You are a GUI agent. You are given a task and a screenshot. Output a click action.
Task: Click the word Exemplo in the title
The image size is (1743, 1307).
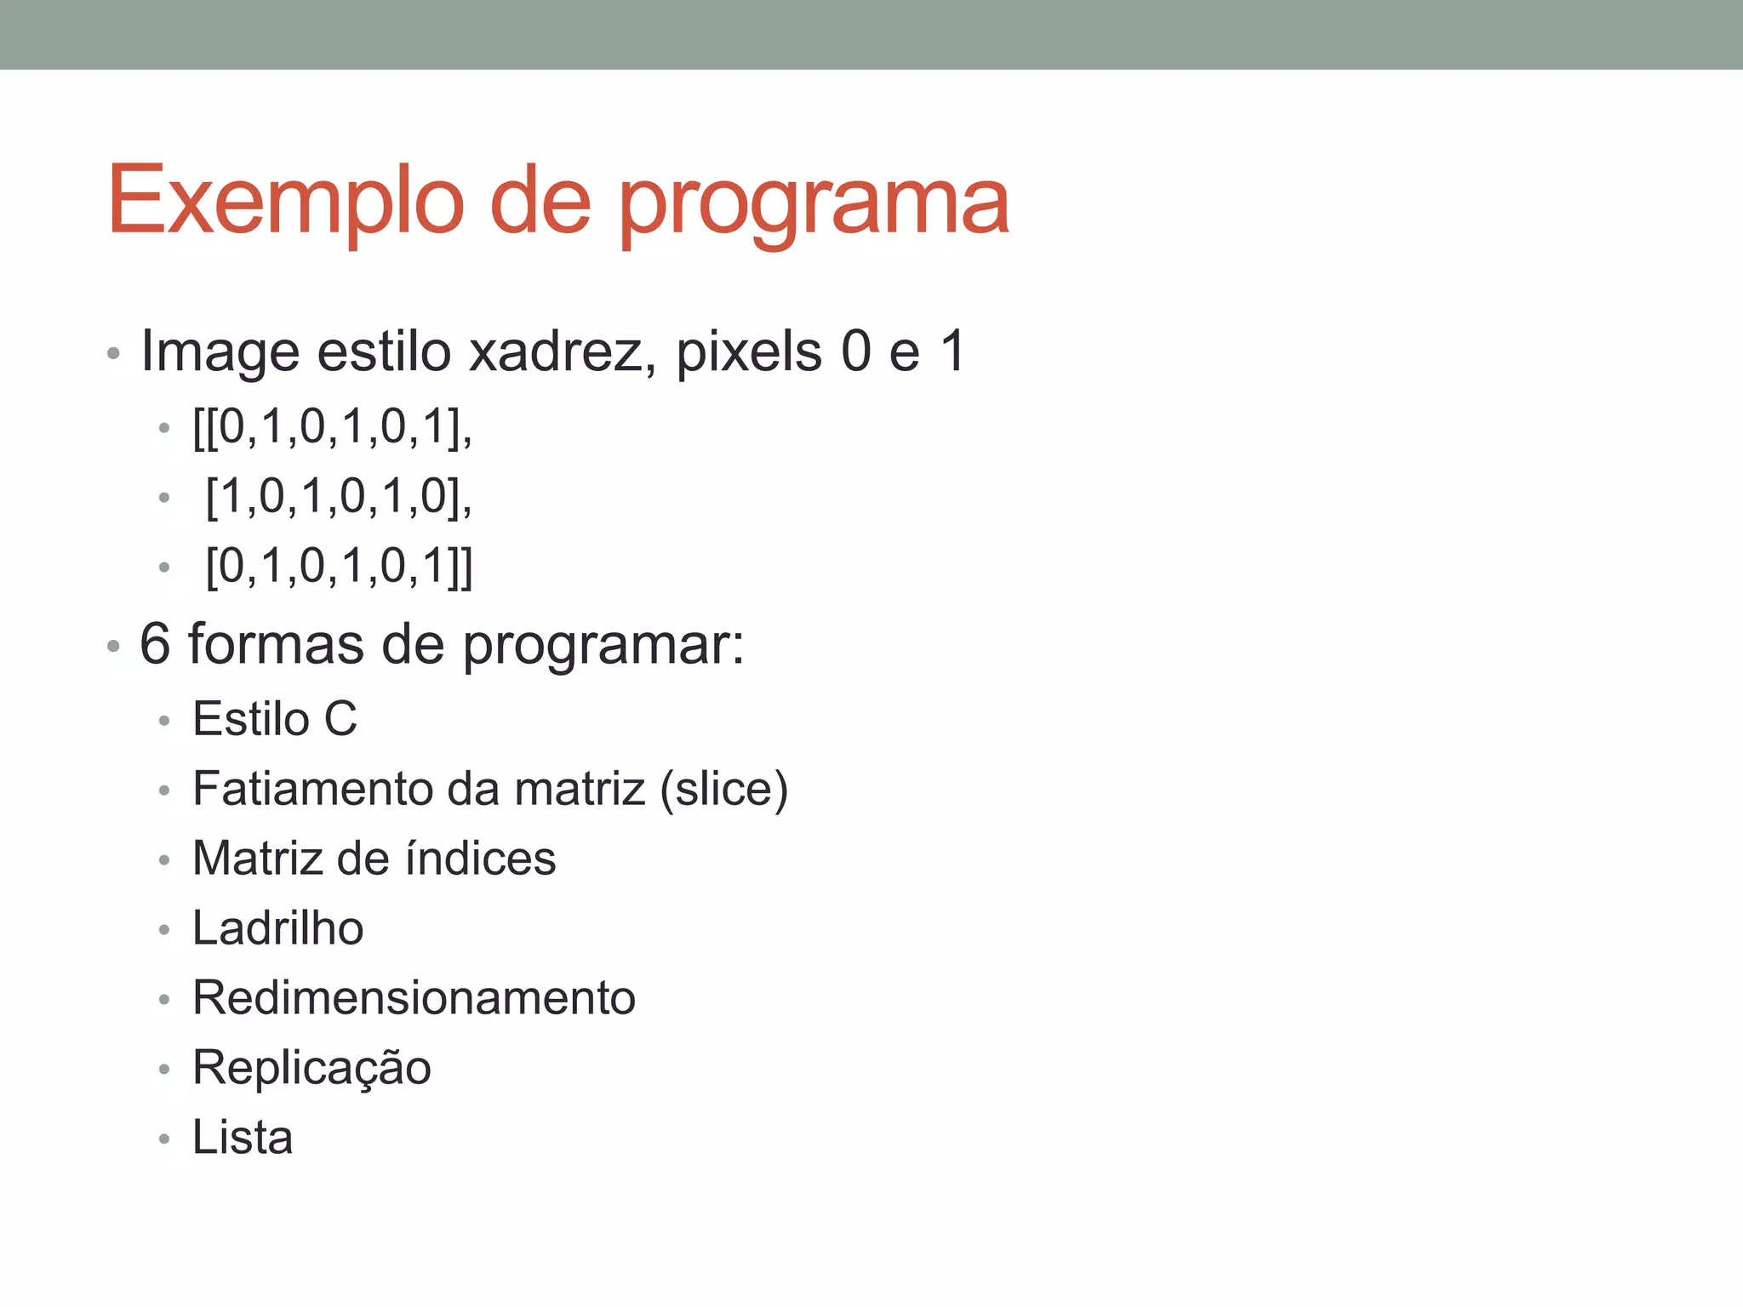click(x=286, y=202)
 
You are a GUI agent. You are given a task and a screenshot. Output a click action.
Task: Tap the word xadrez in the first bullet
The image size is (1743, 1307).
click(x=562, y=351)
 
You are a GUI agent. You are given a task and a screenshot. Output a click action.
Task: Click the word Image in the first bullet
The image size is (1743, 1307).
click(x=220, y=352)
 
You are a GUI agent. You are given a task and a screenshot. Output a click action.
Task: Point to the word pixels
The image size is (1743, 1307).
click(x=749, y=351)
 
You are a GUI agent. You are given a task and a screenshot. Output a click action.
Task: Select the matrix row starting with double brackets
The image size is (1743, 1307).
click(x=332, y=426)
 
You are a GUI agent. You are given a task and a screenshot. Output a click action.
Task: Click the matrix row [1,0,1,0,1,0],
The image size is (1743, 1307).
click(x=339, y=496)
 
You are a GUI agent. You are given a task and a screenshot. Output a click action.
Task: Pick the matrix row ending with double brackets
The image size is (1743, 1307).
click(x=339, y=566)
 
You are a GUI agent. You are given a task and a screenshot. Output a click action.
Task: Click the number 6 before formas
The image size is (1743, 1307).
click(x=155, y=643)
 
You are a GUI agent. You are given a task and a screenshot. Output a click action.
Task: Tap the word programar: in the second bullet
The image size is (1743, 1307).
click(x=603, y=645)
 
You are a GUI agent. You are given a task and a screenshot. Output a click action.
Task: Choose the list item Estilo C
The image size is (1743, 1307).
click(x=274, y=719)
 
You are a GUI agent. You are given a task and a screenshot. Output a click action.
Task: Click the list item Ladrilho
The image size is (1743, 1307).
click(x=277, y=928)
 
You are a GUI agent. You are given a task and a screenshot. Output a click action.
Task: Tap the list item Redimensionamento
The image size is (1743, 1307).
click(x=414, y=998)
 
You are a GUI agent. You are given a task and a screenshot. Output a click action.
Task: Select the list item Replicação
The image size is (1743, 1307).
click(x=311, y=1068)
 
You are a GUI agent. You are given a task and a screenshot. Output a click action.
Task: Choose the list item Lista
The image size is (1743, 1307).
click(x=243, y=1138)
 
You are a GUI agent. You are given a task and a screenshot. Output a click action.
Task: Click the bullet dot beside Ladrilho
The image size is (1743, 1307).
click(x=164, y=930)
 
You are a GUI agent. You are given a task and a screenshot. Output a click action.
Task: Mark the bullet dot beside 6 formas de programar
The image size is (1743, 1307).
click(x=113, y=647)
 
